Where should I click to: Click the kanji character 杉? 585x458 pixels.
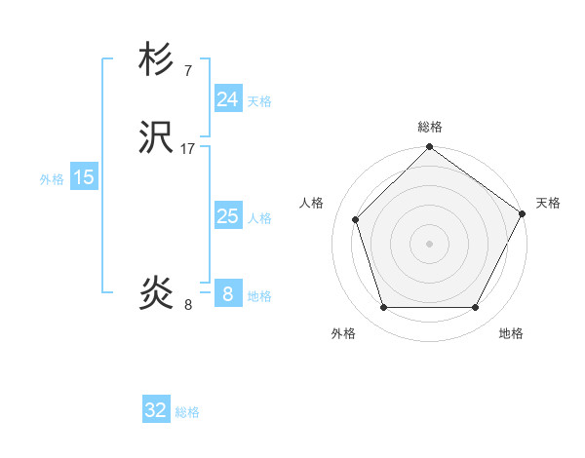tap(157, 60)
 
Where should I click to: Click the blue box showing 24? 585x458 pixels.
tap(228, 99)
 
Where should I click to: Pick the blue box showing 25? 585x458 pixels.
tap(228, 216)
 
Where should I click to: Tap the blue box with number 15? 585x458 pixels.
tap(84, 177)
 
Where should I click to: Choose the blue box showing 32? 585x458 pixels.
tap(156, 410)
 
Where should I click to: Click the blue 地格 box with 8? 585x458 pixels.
tap(228, 293)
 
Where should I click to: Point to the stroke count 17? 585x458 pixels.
tap(188, 149)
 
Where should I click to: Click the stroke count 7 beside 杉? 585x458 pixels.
tap(187, 70)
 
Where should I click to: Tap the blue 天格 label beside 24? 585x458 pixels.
tap(259, 101)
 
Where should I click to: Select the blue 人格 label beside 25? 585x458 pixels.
tap(259, 218)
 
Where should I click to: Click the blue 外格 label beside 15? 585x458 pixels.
tap(52, 179)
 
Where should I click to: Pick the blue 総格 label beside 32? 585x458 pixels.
tap(187, 412)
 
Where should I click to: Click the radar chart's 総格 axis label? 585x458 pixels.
tap(429, 127)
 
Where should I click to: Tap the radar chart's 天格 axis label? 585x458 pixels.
tap(548, 203)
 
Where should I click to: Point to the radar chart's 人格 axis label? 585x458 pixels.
tap(312, 203)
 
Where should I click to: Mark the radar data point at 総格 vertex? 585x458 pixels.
tap(429, 148)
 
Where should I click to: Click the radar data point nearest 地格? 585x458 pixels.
tap(476, 308)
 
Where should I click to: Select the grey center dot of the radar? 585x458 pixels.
tap(429, 243)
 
